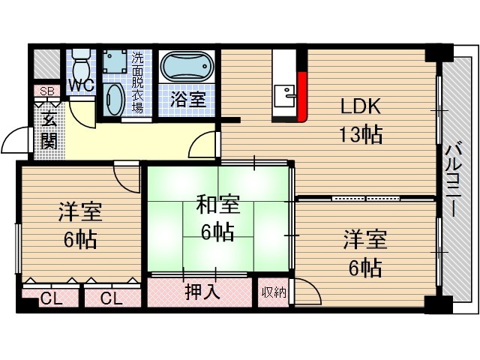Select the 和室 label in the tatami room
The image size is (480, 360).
(x=218, y=204)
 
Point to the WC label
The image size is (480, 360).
(x=81, y=85)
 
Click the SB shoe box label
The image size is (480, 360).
(x=46, y=92)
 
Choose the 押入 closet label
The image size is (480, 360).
(x=202, y=292)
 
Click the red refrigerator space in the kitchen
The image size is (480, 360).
(x=302, y=97)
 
